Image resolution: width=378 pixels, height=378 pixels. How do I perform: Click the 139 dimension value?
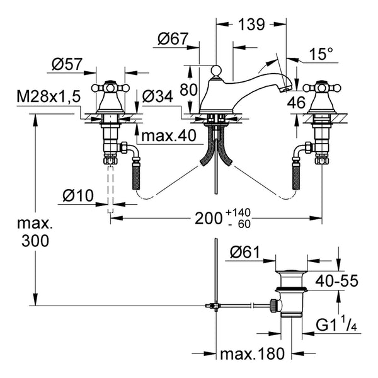point(251,24)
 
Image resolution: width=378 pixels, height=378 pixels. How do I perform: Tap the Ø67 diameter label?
point(173,38)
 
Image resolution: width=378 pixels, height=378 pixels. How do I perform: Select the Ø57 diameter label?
point(67,64)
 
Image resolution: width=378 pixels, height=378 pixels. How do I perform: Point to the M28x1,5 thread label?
point(49,96)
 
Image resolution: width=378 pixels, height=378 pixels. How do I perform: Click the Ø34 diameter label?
point(157,96)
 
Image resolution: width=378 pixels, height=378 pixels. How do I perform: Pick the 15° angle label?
point(321,54)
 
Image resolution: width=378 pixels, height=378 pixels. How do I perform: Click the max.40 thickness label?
point(169,135)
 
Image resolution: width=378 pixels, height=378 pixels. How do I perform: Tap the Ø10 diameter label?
point(78,195)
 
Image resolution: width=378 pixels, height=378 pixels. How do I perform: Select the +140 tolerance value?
point(238,213)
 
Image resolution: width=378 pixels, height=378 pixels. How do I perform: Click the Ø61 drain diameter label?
point(245,252)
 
